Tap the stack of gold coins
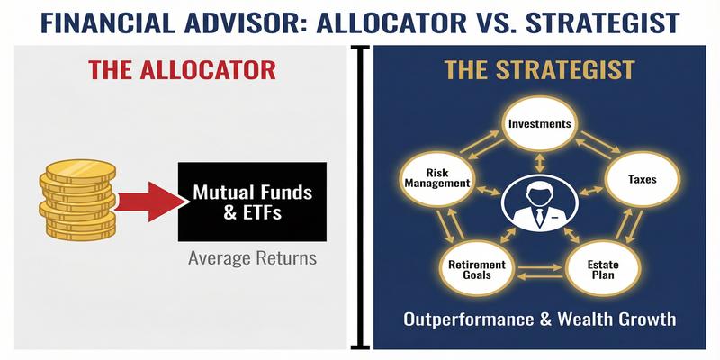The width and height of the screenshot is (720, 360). coord(76,199)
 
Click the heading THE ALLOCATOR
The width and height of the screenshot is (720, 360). coord(180,70)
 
